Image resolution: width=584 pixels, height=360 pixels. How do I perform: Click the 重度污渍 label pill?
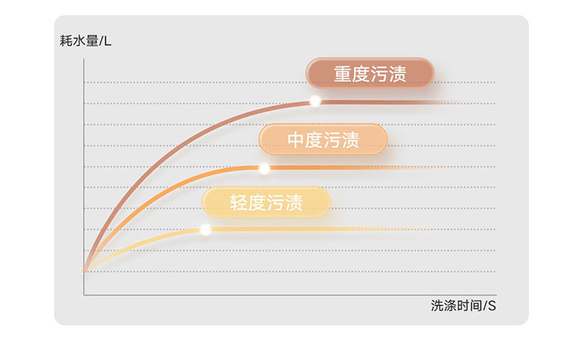(370, 74)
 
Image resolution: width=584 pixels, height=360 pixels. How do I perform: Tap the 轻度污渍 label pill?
(265, 203)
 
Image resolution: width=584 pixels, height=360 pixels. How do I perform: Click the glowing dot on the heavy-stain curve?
(315, 101)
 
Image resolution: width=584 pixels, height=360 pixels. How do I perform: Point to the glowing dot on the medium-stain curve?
(264, 169)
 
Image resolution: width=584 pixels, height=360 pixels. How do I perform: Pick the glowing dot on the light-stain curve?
(206, 230)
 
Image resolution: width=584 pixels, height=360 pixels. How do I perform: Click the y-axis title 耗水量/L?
(85, 41)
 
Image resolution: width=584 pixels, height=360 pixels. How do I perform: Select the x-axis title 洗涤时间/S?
(463, 306)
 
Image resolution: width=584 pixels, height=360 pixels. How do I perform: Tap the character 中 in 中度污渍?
(296, 140)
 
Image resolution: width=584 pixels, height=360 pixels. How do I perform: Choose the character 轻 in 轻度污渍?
(238, 203)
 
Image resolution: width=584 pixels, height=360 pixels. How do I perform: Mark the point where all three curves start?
(84, 271)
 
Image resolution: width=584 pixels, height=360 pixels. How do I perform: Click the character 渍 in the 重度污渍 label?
(398, 75)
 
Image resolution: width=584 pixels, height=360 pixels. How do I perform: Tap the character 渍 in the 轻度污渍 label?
(293, 203)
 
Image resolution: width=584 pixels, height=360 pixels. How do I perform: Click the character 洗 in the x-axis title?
(436, 306)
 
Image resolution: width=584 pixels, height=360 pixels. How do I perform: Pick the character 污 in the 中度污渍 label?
(333, 140)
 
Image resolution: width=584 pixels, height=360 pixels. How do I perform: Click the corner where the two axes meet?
(84, 295)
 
